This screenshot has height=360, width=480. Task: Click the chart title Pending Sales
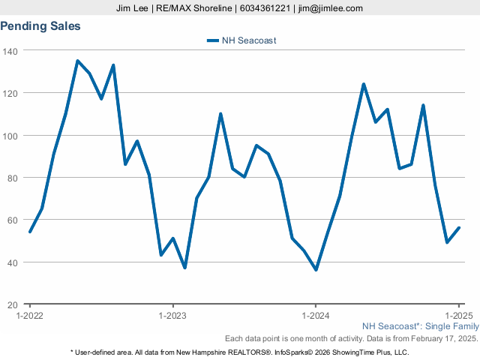40,26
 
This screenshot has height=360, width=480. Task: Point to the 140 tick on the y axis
11,51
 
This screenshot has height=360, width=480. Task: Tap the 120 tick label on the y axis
11,93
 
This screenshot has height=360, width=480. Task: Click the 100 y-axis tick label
11,136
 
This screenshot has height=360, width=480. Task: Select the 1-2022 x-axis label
30,316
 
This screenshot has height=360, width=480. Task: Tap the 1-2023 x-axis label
172,316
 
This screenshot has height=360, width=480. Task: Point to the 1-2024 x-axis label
316,316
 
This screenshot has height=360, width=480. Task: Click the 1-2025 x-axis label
458,316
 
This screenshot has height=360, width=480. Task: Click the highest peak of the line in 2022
78,61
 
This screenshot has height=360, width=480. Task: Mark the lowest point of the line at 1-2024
316,270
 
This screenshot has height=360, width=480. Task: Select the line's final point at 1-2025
459,228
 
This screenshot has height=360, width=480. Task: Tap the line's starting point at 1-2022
30,232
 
